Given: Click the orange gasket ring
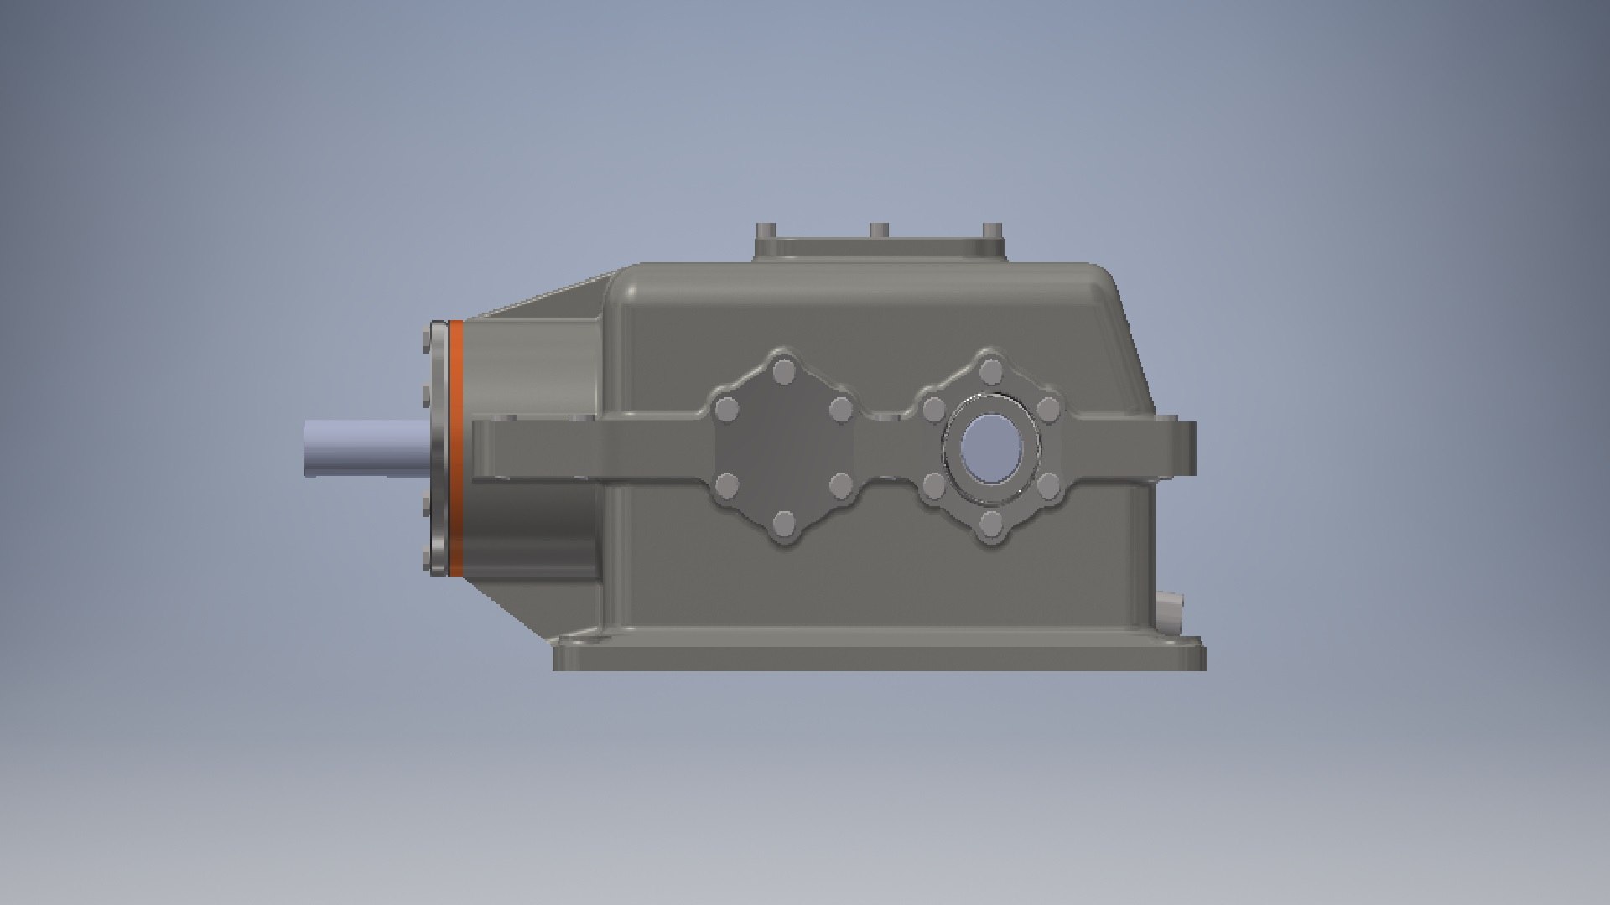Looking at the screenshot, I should click(457, 448).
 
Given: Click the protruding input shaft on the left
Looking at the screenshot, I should click(365, 447).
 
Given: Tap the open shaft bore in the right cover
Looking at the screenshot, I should click(989, 448).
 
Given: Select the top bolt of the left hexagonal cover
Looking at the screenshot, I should click(785, 370).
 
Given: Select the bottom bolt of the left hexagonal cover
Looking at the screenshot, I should click(784, 525).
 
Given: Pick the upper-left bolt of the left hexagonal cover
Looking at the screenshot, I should click(726, 410).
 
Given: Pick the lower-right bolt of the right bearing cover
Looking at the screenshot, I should click(1049, 485).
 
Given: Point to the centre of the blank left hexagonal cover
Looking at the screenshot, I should click(784, 448).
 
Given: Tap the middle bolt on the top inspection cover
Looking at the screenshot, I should click(878, 230).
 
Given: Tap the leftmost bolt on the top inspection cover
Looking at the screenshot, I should click(766, 231).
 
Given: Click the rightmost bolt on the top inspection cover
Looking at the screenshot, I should click(991, 230).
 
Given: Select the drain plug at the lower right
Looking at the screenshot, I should click(1168, 612).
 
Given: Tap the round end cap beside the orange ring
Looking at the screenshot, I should click(436, 448).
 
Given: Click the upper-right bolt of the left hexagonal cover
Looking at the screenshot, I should click(841, 410).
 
